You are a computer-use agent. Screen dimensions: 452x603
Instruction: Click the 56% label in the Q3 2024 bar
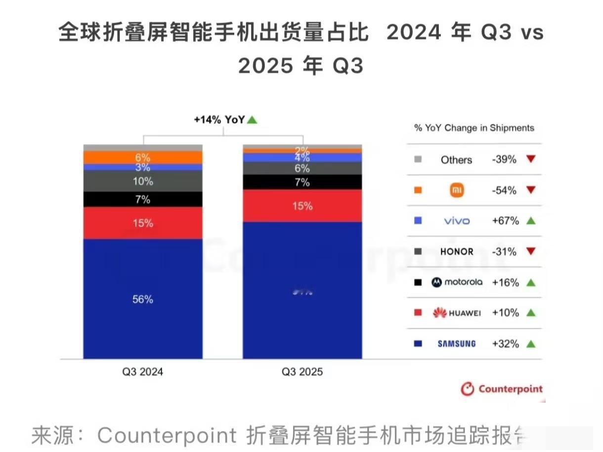tap(142, 299)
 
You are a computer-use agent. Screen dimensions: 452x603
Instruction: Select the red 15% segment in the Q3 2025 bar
tap(302, 206)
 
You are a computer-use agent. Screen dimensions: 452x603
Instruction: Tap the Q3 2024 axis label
tap(142, 372)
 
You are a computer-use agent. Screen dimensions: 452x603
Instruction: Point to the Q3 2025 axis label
tap(302, 372)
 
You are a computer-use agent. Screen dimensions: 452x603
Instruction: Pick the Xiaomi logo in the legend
tap(457, 190)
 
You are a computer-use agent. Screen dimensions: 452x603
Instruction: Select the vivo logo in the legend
tap(457, 221)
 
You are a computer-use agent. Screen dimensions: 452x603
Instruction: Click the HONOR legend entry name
tap(457, 252)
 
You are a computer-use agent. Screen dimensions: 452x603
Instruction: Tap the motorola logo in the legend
tap(457, 282)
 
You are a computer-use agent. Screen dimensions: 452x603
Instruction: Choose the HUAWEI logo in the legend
tap(457, 313)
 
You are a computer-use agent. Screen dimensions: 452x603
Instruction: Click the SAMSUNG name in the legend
tap(457, 344)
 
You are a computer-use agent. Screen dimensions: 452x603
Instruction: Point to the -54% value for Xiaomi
tap(504, 190)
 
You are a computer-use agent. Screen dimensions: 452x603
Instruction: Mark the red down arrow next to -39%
tap(531, 159)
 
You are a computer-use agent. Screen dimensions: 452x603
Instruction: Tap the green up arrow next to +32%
tap(531, 344)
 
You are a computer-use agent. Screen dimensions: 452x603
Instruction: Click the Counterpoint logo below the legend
tap(501, 389)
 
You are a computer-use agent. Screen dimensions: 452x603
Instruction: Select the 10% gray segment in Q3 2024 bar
tap(142, 181)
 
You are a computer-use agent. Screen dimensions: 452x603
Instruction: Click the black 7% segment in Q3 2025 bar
tap(302, 182)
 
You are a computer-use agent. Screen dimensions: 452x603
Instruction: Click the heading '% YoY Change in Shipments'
tap(474, 128)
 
